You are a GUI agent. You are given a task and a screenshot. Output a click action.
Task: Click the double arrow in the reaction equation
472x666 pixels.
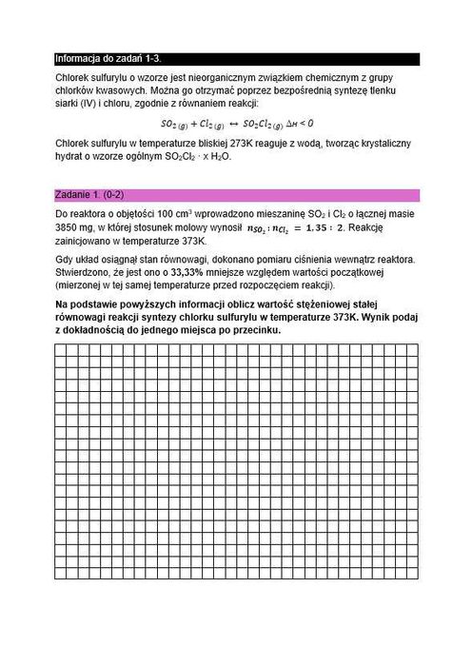click(x=235, y=124)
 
